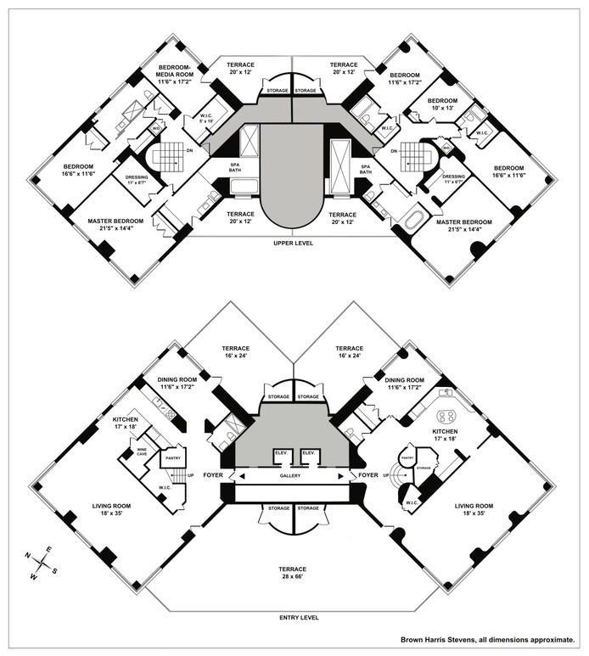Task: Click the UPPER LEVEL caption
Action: (292, 243)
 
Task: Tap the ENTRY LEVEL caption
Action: (292, 618)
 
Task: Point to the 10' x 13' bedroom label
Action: (439, 104)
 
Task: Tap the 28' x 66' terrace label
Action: (292, 574)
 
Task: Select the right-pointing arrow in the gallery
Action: (343, 477)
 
